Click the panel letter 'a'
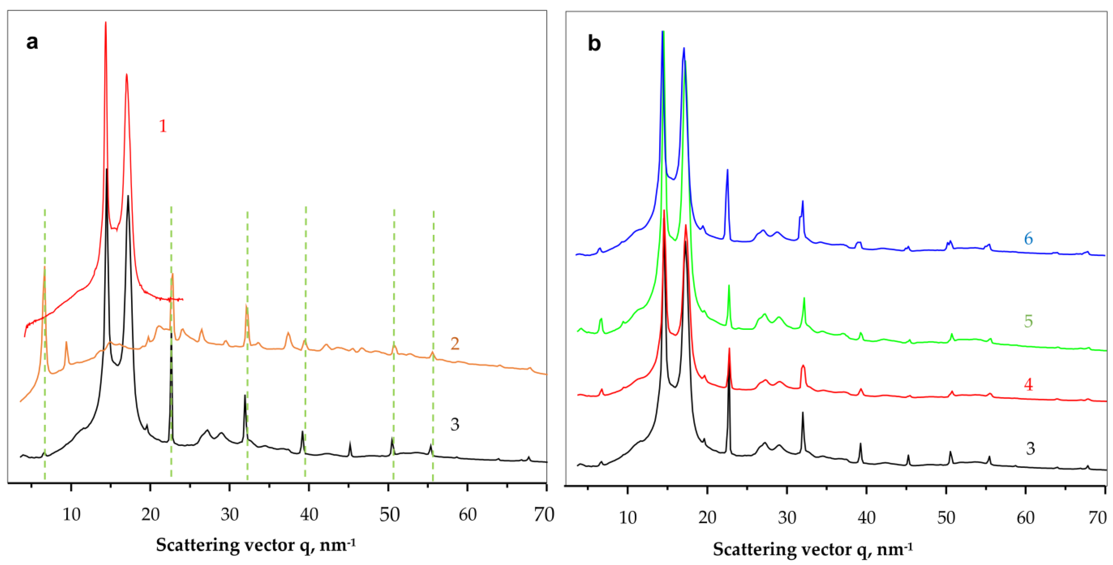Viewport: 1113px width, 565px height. point(32,42)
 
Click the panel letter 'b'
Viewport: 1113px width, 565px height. point(594,44)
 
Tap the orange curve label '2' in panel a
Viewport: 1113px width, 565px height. point(454,343)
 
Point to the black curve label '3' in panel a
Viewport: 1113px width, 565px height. point(454,424)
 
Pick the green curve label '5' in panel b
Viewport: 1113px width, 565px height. point(1028,321)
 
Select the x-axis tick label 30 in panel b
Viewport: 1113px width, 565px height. point(787,517)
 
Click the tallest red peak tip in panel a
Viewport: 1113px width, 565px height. point(105,22)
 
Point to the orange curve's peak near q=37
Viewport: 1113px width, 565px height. point(288,333)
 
